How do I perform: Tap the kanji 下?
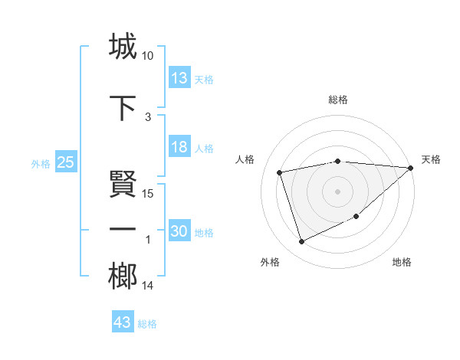[x=122, y=106]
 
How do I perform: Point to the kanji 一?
[x=122, y=229]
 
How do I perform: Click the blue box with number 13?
[x=179, y=78]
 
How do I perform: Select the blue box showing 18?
[x=179, y=147]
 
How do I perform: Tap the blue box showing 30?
[x=179, y=231]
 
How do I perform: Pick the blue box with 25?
[x=65, y=162]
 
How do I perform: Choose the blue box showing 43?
[x=123, y=322]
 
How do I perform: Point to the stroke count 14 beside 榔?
[x=148, y=286]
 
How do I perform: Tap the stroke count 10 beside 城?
[x=148, y=56]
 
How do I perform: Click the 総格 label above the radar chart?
[x=337, y=100]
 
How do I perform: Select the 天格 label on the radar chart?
[x=431, y=159]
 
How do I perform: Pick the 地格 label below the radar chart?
[x=402, y=262]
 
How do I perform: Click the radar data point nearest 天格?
[x=411, y=169]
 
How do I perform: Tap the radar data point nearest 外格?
[x=301, y=242]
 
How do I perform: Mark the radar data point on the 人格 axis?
[x=281, y=172]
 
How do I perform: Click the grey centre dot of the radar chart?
[x=337, y=191]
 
